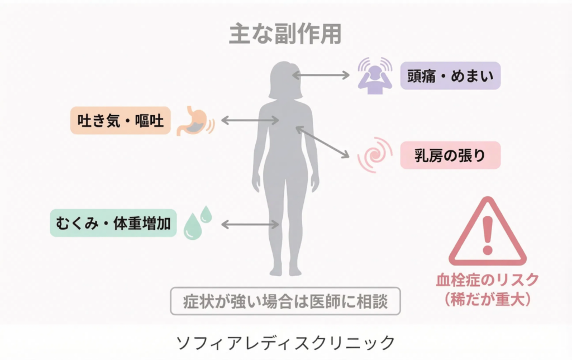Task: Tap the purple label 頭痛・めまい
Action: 451,75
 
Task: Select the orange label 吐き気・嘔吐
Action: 121,120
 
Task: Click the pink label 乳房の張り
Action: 450,155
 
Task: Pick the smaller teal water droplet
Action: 206,214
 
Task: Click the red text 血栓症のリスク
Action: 488,279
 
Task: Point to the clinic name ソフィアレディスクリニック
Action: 285,342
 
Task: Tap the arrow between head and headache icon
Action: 321,74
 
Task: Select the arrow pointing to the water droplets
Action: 250,224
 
